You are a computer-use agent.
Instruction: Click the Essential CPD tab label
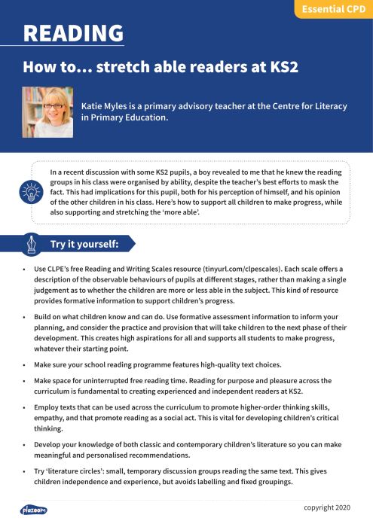pos(333,10)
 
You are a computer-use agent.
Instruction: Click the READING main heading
pos(73,34)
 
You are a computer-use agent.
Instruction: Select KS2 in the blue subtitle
pos(280,67)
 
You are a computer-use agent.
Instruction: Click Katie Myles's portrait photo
pos(47,112)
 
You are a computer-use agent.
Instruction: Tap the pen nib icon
pos(32,245)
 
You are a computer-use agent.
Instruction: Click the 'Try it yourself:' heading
pos(84,245)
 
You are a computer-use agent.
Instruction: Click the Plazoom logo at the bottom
pos(35,510)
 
